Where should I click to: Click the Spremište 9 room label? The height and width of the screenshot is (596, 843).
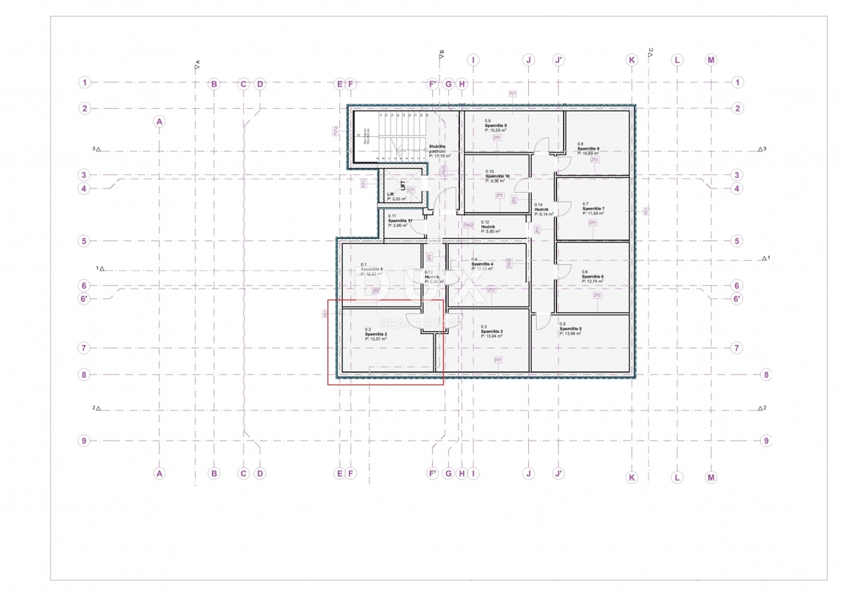495,125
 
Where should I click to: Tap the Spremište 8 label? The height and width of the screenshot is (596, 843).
588,149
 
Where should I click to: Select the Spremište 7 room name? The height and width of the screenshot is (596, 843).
593,209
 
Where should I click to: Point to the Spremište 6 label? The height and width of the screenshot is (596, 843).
593,277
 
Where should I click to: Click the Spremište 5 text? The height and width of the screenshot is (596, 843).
570,328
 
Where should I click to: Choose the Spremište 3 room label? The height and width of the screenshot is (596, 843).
492,331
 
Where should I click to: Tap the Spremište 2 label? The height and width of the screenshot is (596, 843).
376,334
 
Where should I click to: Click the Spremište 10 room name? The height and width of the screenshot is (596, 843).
497,176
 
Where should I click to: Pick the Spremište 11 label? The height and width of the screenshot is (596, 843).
400,221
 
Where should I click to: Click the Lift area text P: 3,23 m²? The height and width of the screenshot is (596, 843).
397,200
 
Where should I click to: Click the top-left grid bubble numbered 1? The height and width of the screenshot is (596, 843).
84,82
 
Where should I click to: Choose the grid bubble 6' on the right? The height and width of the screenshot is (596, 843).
737,299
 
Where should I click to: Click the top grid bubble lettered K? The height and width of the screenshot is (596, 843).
632,60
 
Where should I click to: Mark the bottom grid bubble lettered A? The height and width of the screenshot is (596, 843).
159,474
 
